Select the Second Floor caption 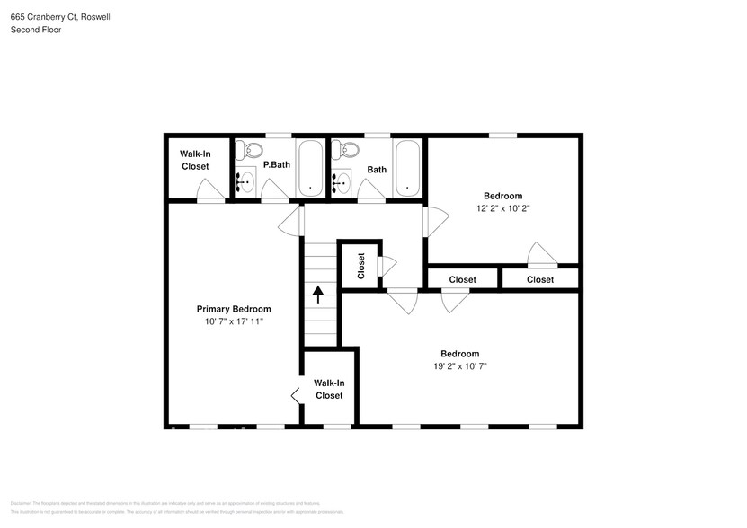coord(36,30)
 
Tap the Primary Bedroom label coord(233,309)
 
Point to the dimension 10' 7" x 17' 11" coord(233,321)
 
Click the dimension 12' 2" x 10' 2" coord(502,208)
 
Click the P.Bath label coord(276,165)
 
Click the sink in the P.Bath coord(245,183)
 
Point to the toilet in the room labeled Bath coord(350,149)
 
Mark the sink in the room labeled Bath coord(342,183)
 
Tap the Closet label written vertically coord(361,266)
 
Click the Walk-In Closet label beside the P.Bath coord(194,160)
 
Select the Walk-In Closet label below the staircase coord(328,389)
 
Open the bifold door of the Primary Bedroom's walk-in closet coord(295,395)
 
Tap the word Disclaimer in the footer coord(22,504)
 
